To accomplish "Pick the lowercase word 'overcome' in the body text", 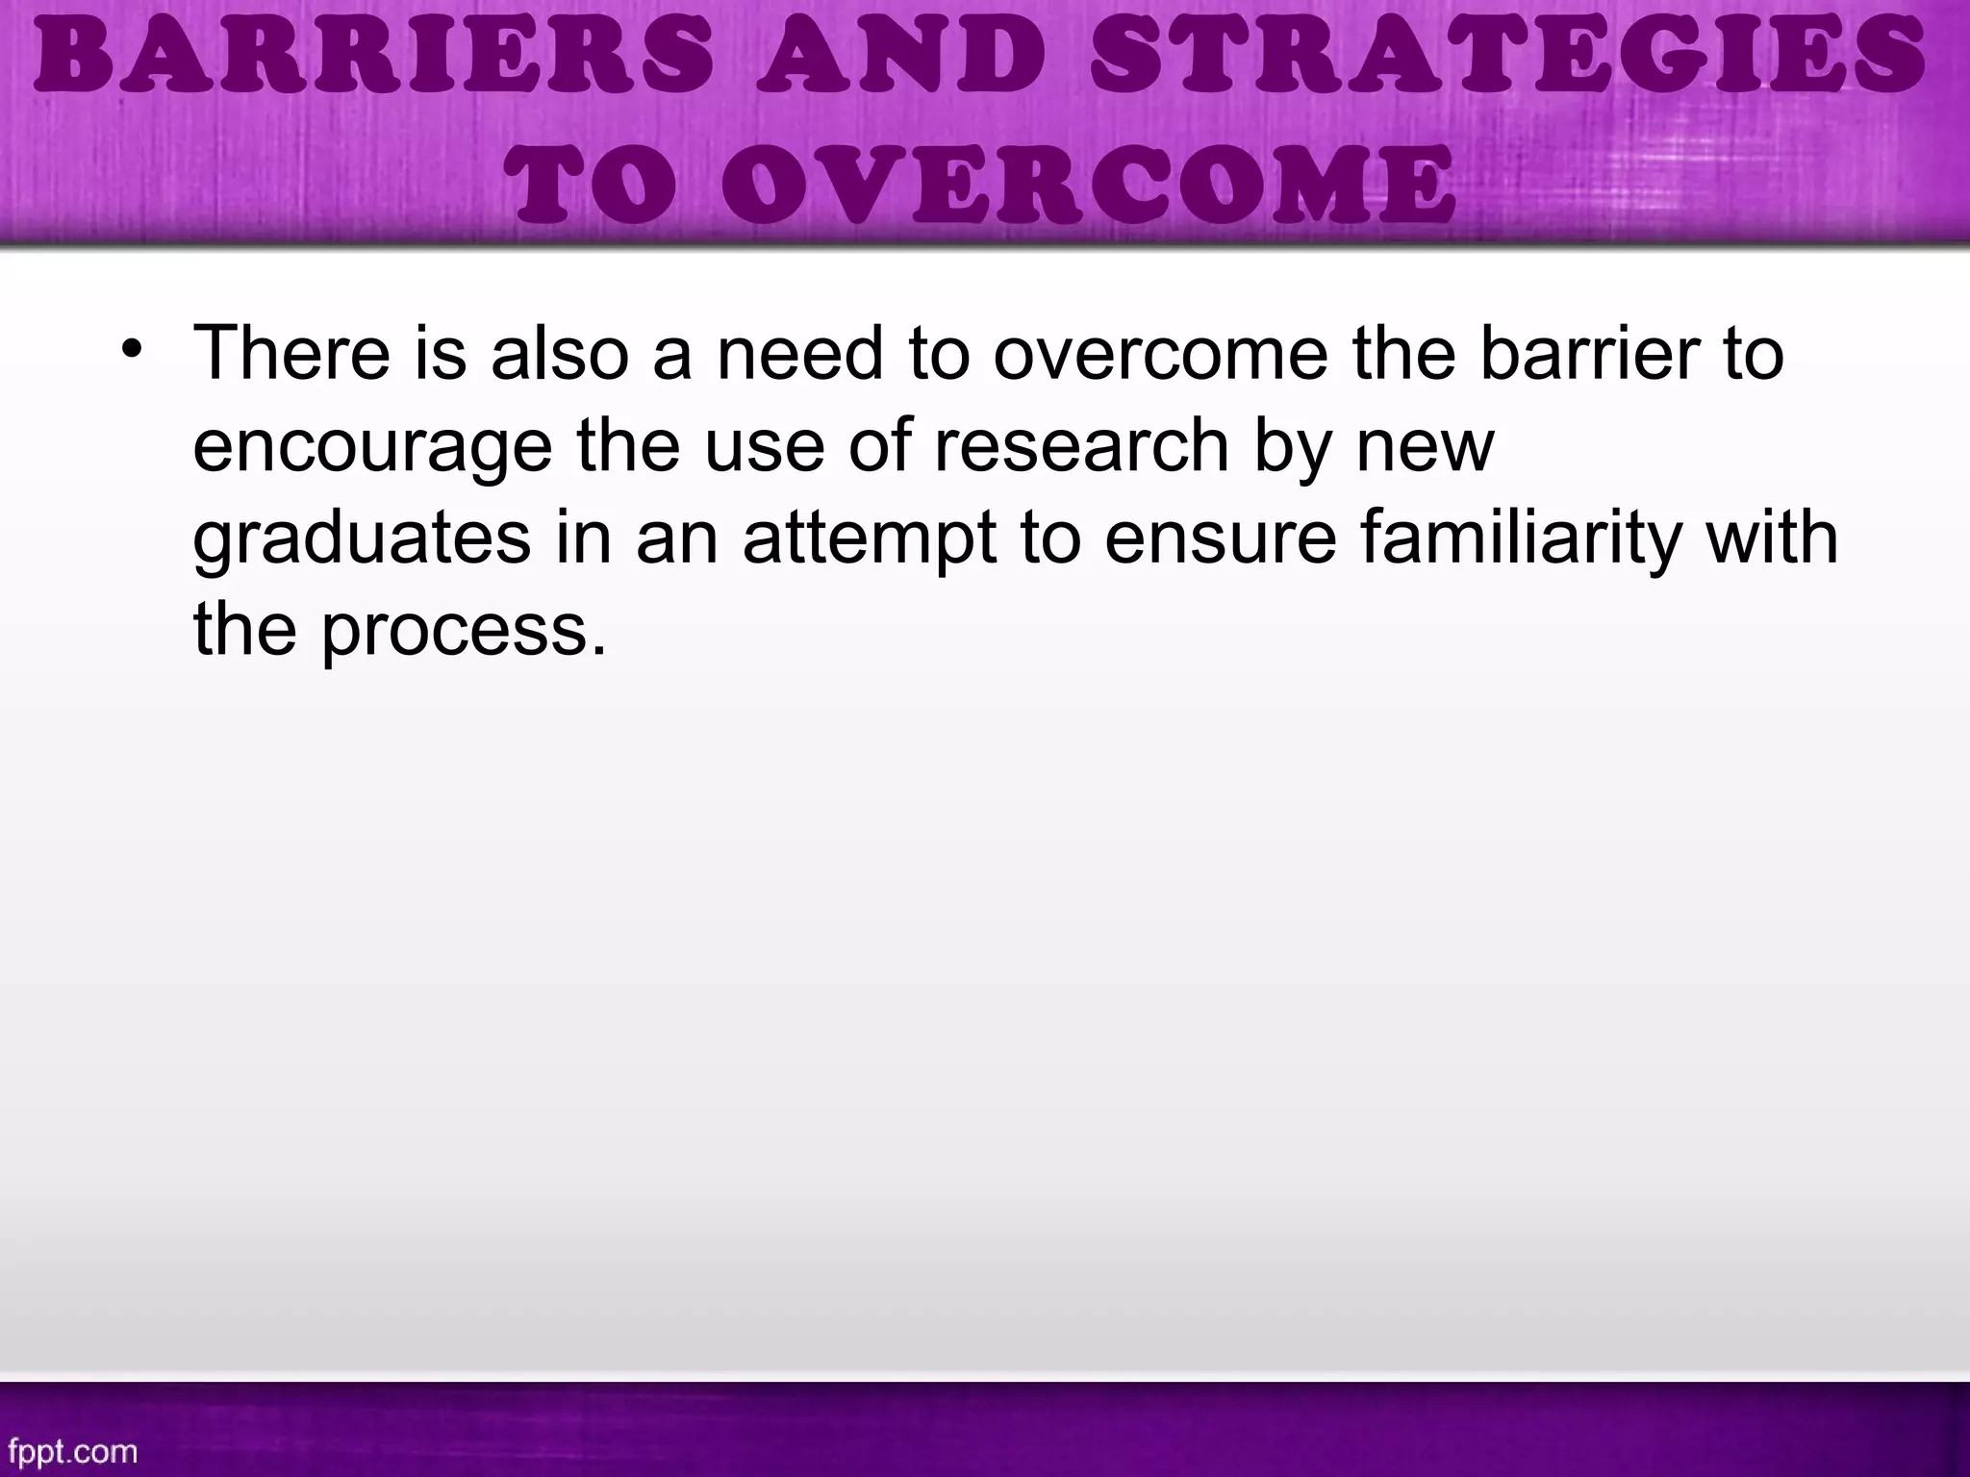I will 1160,353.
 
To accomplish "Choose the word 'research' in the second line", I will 1082,445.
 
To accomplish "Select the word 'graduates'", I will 362,538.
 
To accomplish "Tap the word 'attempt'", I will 870,538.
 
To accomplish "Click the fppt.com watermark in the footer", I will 72,1450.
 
